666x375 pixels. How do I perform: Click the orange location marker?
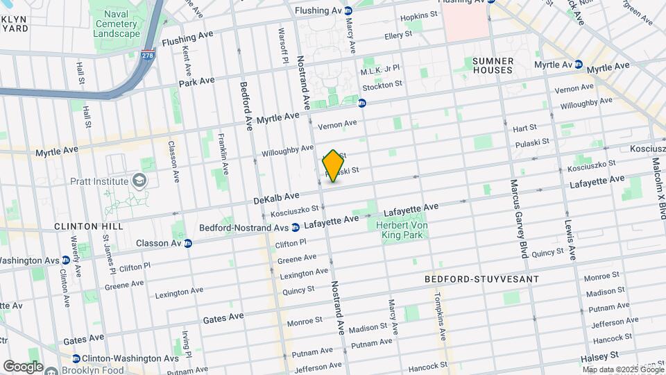334,166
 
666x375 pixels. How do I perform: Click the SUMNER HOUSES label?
492,65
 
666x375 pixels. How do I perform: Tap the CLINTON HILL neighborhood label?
89,226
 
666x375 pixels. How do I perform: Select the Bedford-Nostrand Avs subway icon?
296,227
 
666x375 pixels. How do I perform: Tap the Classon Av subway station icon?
187,243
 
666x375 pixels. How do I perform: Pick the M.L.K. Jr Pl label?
380,72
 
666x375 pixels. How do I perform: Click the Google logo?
22,367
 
